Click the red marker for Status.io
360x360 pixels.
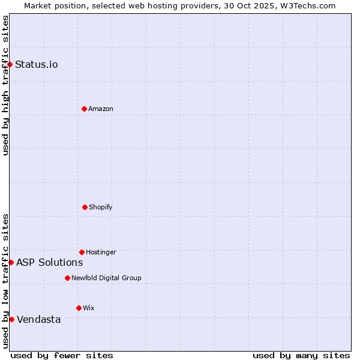[x=10, y=64]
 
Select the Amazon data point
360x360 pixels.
[x=84, y=109]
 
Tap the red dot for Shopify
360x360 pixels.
[x=85, y=207]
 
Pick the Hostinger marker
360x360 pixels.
[x=82, y=252]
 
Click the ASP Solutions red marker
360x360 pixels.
[x=11, y=262]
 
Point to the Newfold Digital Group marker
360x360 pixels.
[x=67, y=278]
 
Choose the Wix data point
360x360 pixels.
[x=79, y=308]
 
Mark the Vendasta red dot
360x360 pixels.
[x=11, y=319]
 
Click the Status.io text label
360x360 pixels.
[x=37, y=64]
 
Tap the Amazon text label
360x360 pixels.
[x=101, y=109]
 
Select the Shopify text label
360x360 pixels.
[x=101, y=207]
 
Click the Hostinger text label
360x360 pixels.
[x=101, y=252]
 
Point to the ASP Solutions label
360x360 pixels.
[x=50, y=262]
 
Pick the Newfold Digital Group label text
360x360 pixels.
[x=106, y=278]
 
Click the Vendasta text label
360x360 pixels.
[x=39, y=319]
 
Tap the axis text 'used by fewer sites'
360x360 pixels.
[x=62, y=355]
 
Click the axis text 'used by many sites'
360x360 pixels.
[x=301, y=355]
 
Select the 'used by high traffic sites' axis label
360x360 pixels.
[x=5, y=85]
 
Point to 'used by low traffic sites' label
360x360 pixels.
[x=5, y=281]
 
